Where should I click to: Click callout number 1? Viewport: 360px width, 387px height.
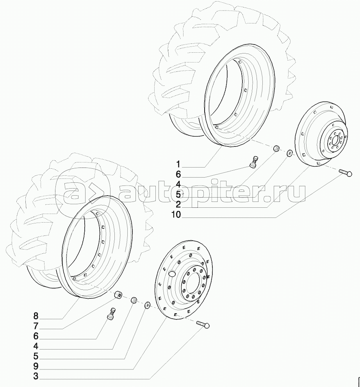point(178,164)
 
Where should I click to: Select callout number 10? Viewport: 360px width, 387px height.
point(176,214)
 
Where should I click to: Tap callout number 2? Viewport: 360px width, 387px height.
point(178,204)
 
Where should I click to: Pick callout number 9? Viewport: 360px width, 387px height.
point(36,366)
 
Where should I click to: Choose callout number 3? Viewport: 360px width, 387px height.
point(36,376)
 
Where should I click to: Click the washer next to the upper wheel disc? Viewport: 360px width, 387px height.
point(289,153)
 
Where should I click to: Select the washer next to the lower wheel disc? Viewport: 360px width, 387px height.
point(148,305)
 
